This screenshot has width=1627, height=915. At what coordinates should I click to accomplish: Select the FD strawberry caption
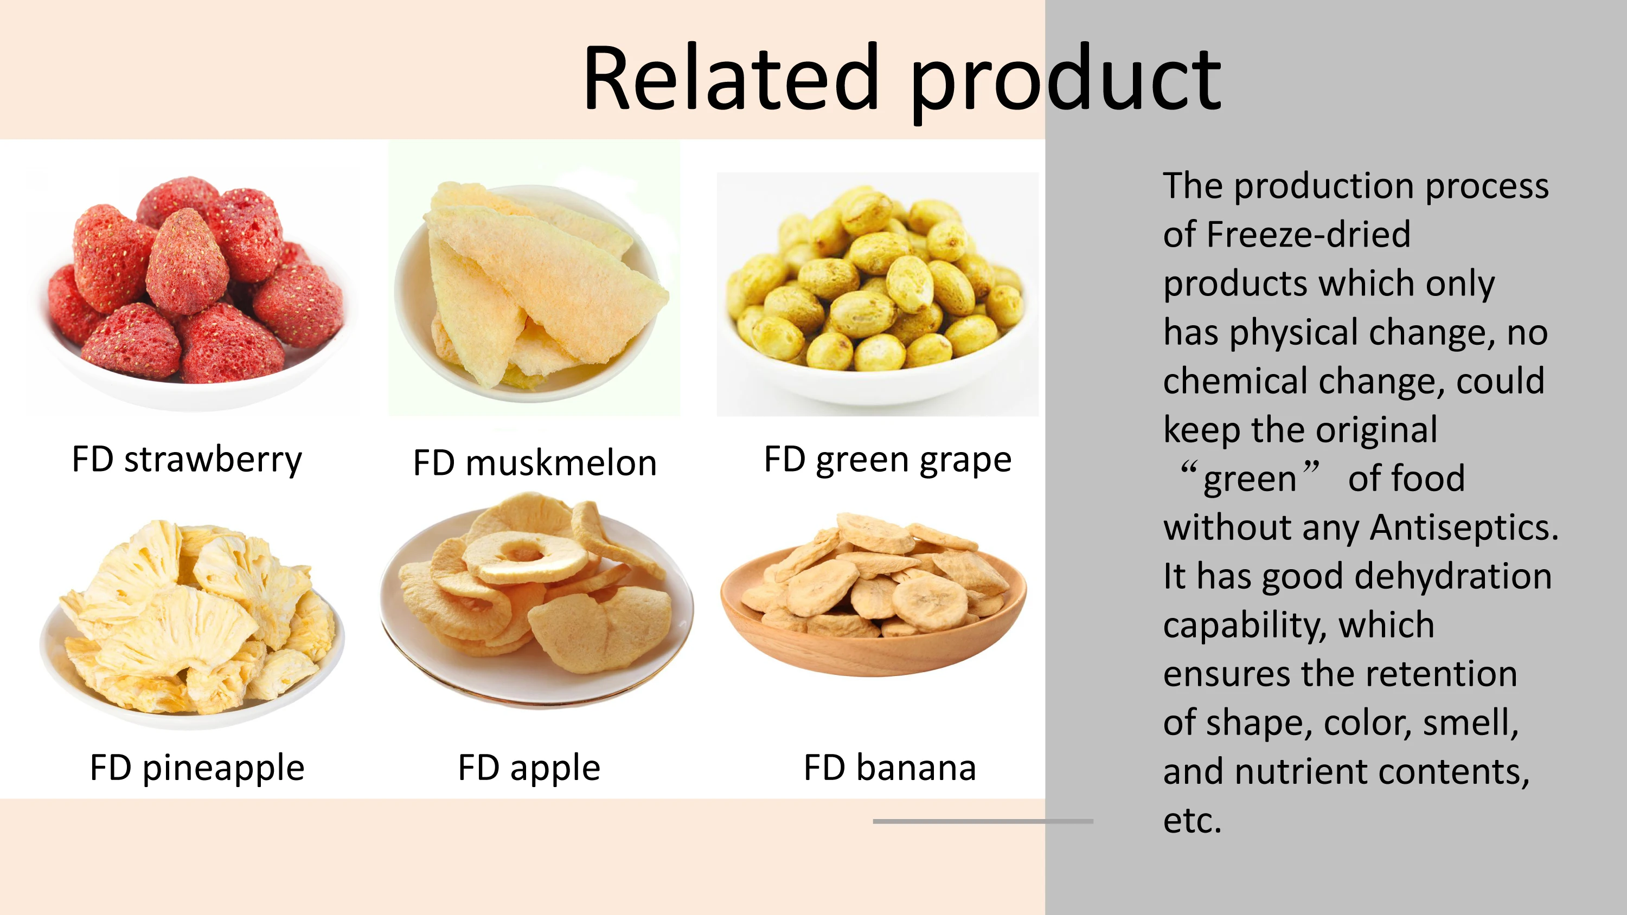pyautogui.click(x=187, y=459)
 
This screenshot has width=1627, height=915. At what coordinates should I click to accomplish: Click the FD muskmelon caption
pyautogui.click(x=535, y=462)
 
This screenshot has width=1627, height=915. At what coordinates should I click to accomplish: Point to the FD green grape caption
pyautogui.click(x=887, y=460)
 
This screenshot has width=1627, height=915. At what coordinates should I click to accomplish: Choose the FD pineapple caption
pyautogui.click(x=197, y=769)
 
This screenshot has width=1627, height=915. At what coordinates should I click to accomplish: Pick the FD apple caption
pyautogui.click(x=529, y=769)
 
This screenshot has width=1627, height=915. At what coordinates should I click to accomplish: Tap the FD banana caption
pyautogui.click(x=890, y=768)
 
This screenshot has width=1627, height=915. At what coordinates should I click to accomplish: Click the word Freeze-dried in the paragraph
pyautogui.click(x=1308, y=234)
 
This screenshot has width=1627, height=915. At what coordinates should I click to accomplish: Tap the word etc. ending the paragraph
pyautogui.click(x=1193, y=821)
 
